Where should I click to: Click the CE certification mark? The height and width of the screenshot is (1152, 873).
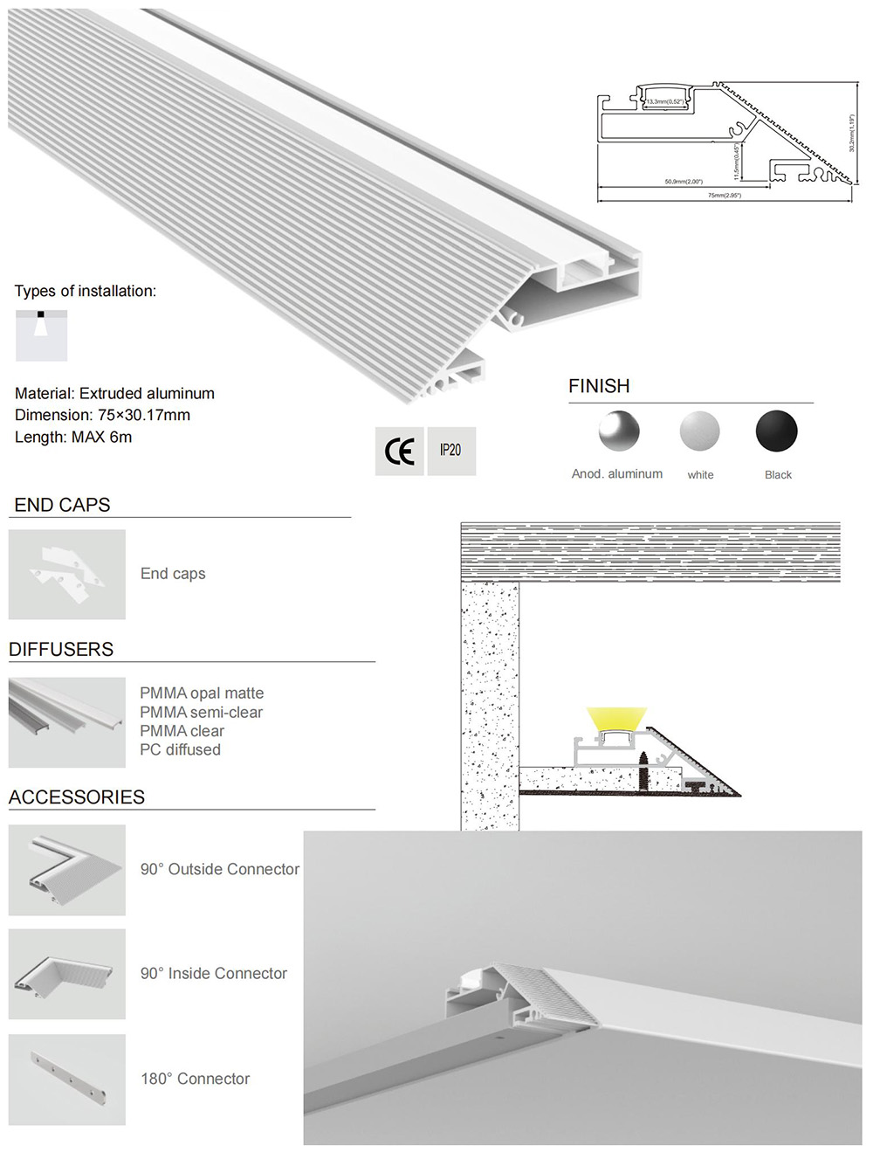[x=400, y=451]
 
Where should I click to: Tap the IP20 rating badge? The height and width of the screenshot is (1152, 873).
[x=450, y=451]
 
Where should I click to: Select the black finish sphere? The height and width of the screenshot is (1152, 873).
[x=776, y=431]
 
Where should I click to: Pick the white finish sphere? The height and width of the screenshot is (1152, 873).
[x=699, y=431]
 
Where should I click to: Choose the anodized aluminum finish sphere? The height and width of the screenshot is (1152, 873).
[x=619, y=431]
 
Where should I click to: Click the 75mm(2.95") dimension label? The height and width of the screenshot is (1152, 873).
[x=724, y=196]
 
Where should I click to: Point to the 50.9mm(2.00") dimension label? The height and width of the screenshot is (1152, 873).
[x=684, y=182]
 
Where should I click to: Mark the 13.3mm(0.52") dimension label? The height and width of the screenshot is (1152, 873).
[x=664, y=102]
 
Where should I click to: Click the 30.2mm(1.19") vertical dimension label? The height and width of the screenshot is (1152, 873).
[x=852, y=133]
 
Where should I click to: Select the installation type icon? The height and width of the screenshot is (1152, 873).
[x=41, y=335]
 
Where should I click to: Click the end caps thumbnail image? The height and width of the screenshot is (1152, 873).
[x=67, y=575]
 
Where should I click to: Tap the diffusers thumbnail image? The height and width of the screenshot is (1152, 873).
[x=67, y=722]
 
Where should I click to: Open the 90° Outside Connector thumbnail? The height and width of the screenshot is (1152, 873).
[x=67, y=870]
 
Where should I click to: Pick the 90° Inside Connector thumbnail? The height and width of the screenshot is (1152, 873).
[x=67, y=974]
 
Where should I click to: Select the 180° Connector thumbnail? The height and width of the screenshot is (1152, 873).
[x=67, y=1080]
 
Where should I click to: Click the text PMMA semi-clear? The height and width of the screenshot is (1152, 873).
[x=201, y=713]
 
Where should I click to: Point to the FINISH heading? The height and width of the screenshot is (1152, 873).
[x=599, y=386]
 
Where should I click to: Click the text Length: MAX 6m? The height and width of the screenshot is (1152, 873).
[x=73, y=437]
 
